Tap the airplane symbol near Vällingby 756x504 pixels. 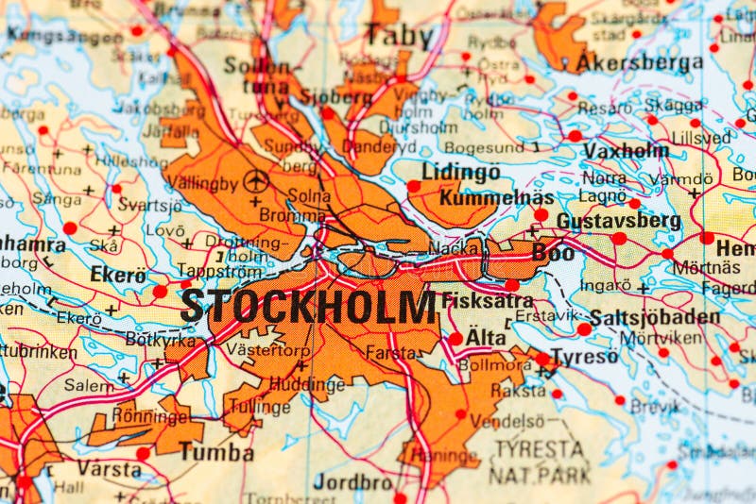click(x=255, y=179)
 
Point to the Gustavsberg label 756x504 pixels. click(x=618, y=221)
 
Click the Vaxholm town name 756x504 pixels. click(x=625, y=151)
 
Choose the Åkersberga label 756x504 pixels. click(x=640, y=64)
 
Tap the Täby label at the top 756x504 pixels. click(x=400, y=36)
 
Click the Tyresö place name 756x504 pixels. click(x=584, y=357)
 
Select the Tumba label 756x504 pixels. click(x=216, y=453)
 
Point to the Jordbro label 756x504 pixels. click(x=352, y=481)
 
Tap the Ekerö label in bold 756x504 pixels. click(x=118, y=276)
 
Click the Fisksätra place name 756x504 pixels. click(x=487, y=301)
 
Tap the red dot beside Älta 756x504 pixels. click(x=455, y=338)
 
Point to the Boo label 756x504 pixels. click(x=553, y=252)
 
